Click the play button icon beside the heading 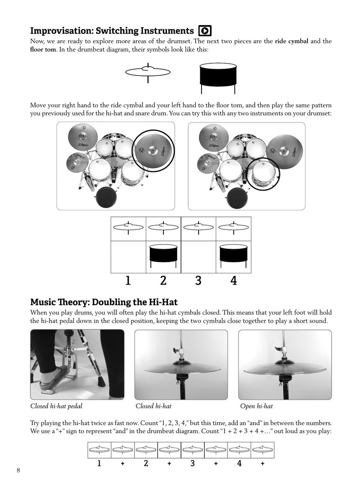(205, 31)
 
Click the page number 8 (18, 470)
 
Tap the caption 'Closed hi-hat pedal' (56, 406)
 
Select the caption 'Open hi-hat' (256, 406)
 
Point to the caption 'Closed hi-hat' (153, 406)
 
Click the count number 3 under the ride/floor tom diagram (198, 280)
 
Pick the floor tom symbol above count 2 (163, 254)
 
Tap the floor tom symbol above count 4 (233, 254)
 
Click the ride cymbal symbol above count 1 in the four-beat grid (128, 227)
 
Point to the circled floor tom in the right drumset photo (263, 173)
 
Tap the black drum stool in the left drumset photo (107, 197)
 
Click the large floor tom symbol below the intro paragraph (218, 78)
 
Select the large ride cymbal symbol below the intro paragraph (148, 73)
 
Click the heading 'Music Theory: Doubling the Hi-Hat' (104, 302)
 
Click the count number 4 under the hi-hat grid (239, 463)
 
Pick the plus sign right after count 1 (122, 464)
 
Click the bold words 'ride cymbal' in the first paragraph (292, 41)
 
